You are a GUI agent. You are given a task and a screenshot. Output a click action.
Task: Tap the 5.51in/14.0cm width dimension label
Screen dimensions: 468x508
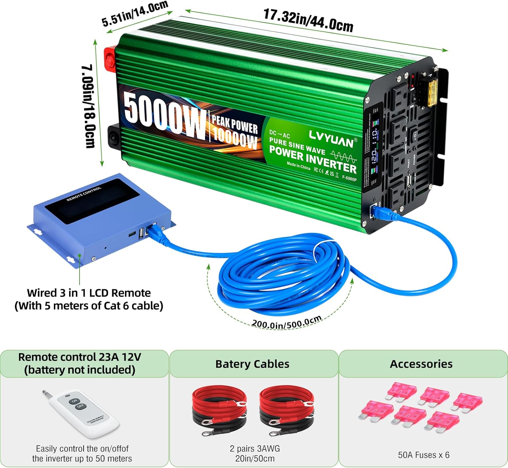pyautogui.click(x=135, y=14)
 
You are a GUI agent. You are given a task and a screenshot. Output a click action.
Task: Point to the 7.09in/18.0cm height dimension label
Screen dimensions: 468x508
pyautogui.click(x=88, y=106)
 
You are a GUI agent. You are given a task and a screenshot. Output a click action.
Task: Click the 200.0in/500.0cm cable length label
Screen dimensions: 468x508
pyautogui.click(x=286, y=323)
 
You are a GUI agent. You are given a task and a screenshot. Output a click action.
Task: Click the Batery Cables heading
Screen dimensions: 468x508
pyautogui.click(x=252, y=364)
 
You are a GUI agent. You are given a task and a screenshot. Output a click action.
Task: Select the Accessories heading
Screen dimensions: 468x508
pyautogui.click(x=421, y=364)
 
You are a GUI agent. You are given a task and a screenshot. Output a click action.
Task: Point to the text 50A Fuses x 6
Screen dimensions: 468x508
pyautogui.click(x=423, y=455)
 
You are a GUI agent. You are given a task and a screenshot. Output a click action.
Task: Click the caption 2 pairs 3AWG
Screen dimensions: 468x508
pyautogui.click(x=255, y=449)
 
